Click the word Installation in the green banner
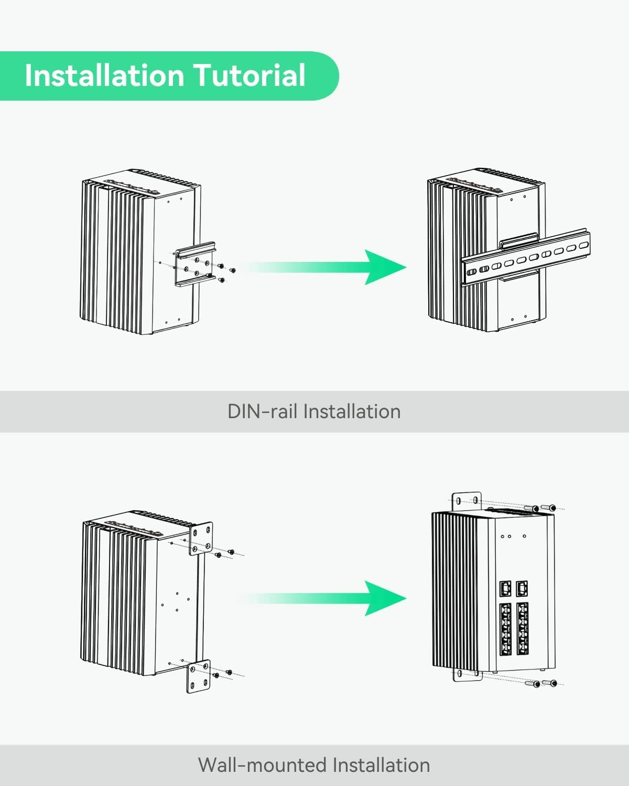click(103, 75)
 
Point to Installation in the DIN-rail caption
click(352, 411)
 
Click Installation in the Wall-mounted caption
click(381, 765)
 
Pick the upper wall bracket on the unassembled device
click(201, 539)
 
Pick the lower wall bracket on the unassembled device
click(198, 676)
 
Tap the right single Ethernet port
click(522, 588)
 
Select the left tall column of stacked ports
click(505, 629)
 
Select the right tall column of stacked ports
click(522, 629)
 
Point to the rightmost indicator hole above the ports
click(524, 536)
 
